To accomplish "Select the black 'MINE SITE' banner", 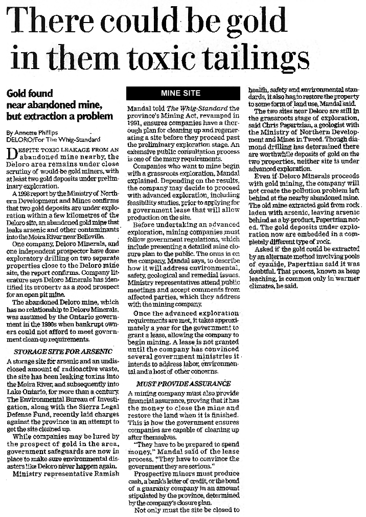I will point(180,93).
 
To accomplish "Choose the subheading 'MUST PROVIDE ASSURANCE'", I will point(183,383).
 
